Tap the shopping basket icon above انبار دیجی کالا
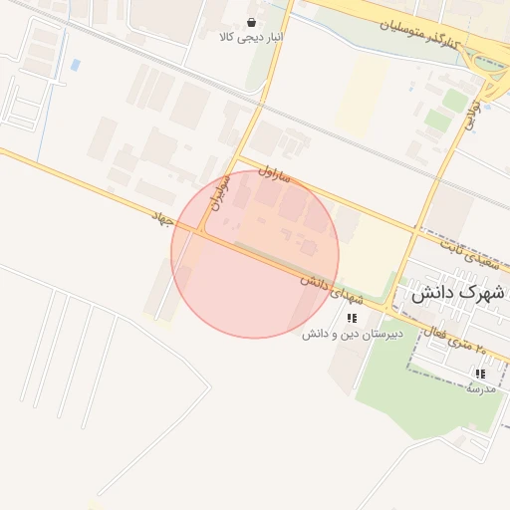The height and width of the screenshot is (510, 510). pyautogui.click(x=250, y=21)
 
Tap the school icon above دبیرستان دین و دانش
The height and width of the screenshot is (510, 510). pyautogui.click(x=352, y=318)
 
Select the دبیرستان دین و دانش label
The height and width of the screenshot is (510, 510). pyautogui.click(x=352, y=334)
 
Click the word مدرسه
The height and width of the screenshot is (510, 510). pyautogui.click(x=480, y=387)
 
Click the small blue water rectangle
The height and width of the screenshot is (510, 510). pyautogui.click(x=76, y=66)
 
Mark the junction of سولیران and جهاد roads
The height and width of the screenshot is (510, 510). pyautogui.click(x=202, y=231)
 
